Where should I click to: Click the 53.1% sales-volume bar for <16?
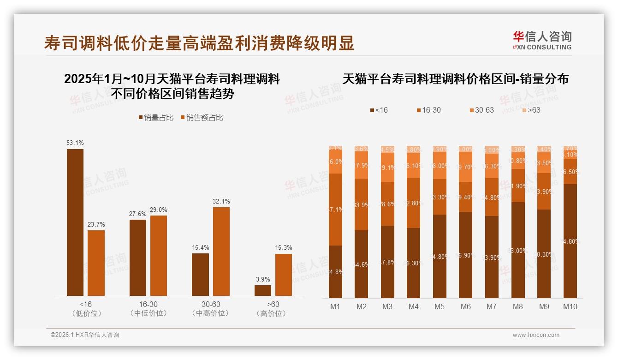[75, 222]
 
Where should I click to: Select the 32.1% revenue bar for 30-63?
[221, 252]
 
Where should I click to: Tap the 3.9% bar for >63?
[263, 290]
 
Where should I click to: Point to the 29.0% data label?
[158, 210]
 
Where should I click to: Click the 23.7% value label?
[96, 224]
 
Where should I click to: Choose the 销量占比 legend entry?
[156, 118]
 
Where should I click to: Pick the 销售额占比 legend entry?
[202, 118]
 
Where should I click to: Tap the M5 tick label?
[440, 306]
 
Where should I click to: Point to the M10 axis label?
[570, 306]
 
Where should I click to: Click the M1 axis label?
[335, 306]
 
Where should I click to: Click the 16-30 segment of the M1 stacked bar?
[335, 210]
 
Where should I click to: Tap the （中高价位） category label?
[210, 313]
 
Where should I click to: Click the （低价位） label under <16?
[85, 313]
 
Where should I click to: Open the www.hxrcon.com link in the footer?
[536, 335]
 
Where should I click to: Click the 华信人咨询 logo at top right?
[542, 40]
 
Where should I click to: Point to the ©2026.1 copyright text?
[85, 335]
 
